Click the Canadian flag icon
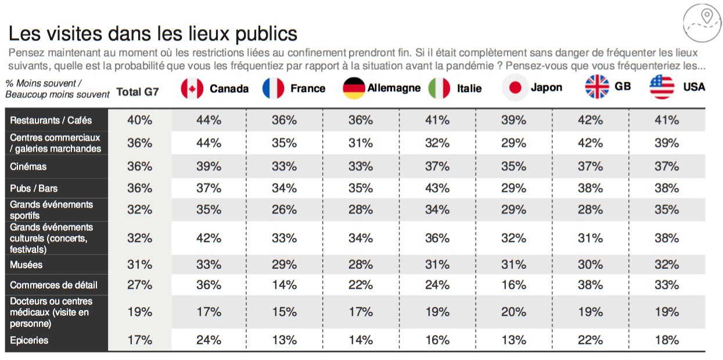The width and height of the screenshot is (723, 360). pos(192,88)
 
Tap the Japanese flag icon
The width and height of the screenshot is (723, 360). pos(514,88)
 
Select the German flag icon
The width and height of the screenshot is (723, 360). pos(354,88)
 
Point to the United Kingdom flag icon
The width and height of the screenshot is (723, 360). pos(596,87)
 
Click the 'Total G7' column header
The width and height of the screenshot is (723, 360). pos(138,91)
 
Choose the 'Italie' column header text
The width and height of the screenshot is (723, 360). pos(469,88)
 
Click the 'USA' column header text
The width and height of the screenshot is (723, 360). pos(694,87)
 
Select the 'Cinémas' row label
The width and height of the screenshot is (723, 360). pos(28,166)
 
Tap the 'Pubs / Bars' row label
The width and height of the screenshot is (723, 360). pos(34,188)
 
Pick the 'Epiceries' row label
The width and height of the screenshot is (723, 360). pos(29,340)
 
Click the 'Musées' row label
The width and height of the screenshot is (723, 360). pos(26,265)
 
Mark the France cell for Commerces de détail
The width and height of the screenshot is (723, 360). pos(284,285)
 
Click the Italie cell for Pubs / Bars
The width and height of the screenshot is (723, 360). pos(437,188)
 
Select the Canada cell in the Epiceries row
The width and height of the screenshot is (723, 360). pos(208,340)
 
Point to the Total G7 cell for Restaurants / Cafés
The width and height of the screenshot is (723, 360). pos(139,120)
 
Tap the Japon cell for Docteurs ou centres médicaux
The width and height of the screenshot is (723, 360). pos(513,312)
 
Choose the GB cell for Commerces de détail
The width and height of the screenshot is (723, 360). pos(590,285)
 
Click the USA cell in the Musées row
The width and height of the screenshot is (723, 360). pos(666,265)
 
